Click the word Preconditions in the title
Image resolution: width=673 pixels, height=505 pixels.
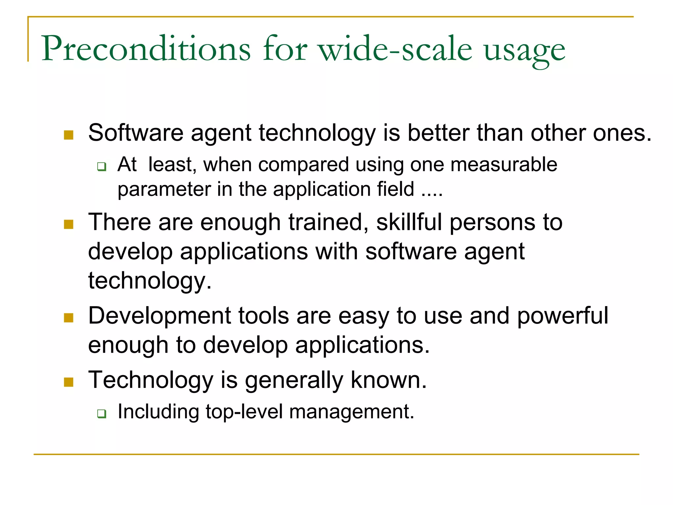coord(146,49)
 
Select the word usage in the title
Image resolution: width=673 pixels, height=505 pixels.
coord(524,51)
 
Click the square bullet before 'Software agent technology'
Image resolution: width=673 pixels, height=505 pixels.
coord(68,135)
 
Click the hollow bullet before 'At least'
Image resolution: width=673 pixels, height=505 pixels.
coord(102,167)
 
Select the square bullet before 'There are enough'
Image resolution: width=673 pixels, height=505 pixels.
coord(68,224)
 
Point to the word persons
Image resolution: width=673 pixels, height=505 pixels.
coord(492,223)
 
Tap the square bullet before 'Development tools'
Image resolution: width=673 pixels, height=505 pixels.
coord(68,318)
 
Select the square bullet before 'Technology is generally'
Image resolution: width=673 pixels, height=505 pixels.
coord(68,382)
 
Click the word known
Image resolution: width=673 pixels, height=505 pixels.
coord(388,380)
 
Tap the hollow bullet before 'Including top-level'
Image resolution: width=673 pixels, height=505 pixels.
coord(102,414)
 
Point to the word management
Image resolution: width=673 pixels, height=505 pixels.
coord(351,412)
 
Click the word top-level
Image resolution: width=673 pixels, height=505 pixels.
coord(244,412)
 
